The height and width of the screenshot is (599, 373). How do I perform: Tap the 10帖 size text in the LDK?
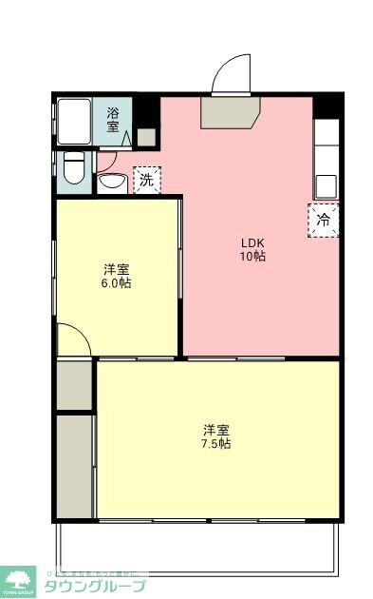[x=252, y=256]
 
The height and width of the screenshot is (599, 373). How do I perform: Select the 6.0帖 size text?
[x=117, y=283]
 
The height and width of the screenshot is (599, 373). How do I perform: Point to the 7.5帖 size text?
[x=217, y=443]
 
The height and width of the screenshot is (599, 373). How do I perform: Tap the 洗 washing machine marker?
[x=146, y=179]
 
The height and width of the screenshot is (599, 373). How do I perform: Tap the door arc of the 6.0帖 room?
[x=72, y=339]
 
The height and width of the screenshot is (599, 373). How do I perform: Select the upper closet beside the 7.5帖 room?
[x=73, y=384]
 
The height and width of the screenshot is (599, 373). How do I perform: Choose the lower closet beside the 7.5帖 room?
[x=73, y=466]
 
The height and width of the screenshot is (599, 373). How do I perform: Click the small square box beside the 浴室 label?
[x=144, y=136]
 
